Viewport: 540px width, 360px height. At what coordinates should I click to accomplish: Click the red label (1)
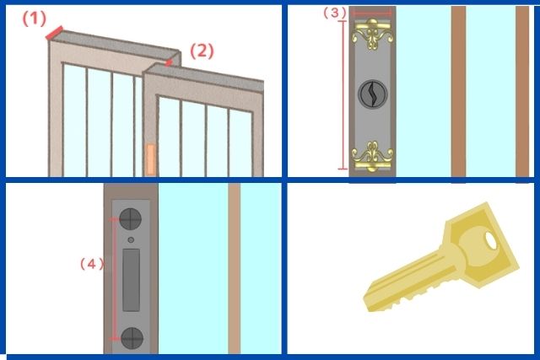[34, 19]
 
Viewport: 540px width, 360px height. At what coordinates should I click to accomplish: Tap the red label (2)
[202, 51]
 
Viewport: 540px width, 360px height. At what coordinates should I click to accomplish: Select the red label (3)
[334, 13]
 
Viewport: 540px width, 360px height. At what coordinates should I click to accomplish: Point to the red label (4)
[92, 264]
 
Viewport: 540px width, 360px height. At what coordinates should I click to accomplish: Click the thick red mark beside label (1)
[54, 33]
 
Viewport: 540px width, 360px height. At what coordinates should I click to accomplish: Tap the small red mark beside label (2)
[169, 62]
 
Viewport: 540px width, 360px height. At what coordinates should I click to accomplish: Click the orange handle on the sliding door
[150, 159]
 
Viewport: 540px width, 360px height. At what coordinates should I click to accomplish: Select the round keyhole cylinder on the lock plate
[373, 94]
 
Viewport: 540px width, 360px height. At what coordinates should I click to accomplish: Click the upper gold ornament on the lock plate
[372, 34]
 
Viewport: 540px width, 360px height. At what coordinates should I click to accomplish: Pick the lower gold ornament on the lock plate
[372, 156]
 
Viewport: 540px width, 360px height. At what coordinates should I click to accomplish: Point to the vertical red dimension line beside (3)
[343, 95]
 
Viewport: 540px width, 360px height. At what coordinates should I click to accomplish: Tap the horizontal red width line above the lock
[372, 13]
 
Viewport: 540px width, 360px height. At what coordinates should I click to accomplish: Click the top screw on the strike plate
[130, 219]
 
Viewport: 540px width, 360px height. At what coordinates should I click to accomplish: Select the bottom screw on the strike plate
[132, 338]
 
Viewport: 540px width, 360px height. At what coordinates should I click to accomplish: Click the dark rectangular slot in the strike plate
[132, 280]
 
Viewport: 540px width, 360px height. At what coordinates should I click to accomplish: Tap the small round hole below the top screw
[131, 240]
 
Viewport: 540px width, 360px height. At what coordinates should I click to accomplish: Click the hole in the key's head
[491, 241]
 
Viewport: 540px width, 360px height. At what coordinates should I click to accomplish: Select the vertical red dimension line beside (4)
[114, 279]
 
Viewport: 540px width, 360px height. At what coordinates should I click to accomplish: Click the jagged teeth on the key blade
[413, 295]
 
